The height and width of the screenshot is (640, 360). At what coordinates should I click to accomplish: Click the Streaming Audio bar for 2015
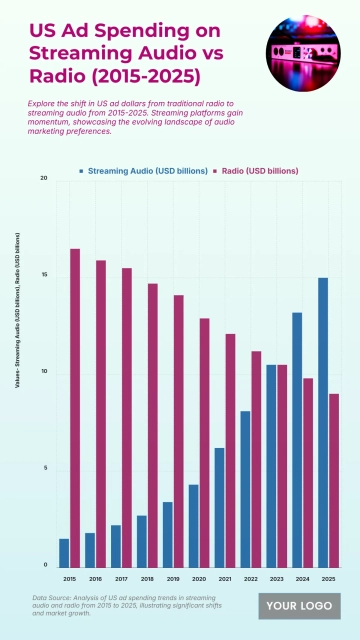point(64,552)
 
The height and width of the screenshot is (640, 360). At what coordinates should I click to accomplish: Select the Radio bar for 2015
point(75,407)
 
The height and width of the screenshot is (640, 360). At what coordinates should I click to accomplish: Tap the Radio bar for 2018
point(153,425)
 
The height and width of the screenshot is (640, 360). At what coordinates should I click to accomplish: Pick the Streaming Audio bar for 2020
point(194,525)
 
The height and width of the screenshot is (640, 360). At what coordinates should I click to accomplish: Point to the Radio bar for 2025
point(334,480)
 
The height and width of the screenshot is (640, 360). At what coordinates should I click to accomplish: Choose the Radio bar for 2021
point(230,450)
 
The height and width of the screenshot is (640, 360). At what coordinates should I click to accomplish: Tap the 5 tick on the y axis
point(44,469)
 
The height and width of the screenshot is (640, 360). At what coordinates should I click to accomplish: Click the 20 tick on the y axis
point(43,178)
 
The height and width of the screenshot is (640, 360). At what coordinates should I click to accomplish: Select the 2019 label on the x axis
point(173,579)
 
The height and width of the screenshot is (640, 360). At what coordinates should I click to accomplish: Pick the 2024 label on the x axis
point(302,579)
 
